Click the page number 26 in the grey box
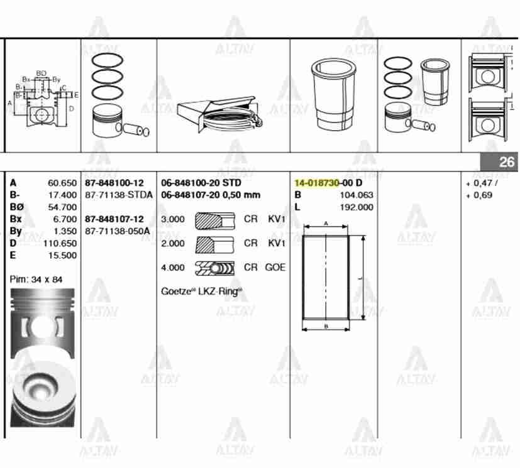506,162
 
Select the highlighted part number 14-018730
317,183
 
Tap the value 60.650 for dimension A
62,183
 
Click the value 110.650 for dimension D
60,244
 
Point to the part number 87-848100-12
114,183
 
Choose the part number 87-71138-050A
118,231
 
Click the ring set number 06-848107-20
189,195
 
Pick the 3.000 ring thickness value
173,219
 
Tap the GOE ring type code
275,268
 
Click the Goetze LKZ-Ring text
201,291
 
